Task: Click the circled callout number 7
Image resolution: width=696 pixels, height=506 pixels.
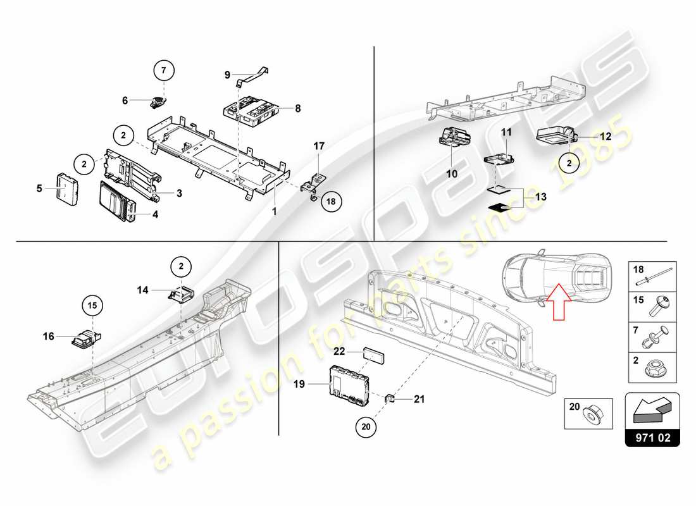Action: pyautogui.click(x=163, y=70)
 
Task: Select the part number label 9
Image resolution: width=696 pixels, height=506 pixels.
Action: pyautogui.click(x=227, y=75)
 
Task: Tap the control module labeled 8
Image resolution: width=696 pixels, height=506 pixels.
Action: pyautogui.click(x=251, y=109)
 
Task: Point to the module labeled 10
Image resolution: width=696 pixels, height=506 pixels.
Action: pyautogui.click(x=454, y=135)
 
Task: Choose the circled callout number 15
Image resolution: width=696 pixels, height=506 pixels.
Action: pyautogui.click(x=92, y=306)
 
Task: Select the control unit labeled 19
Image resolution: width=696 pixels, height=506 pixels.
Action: pyautogui.click(x=349, y=384)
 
